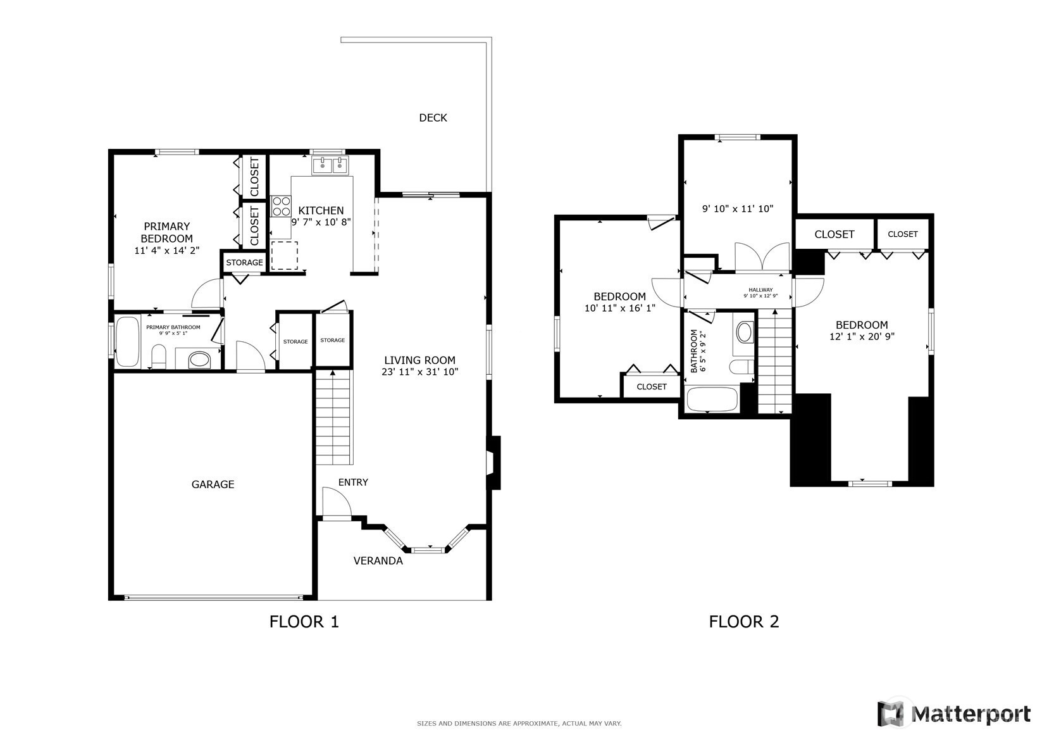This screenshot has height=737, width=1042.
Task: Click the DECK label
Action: tap(433, 118)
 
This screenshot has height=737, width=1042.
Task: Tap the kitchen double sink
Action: tap(330, 165)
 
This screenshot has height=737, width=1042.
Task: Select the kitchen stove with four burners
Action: tap(281, 206)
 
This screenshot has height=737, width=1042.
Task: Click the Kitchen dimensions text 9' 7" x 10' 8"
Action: tap(321, 222)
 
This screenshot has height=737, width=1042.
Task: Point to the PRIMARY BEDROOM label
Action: tap(166, 232)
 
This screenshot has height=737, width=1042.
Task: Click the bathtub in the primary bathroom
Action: tap(127, 341)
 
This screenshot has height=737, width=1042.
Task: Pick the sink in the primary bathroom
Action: tap(199, 360)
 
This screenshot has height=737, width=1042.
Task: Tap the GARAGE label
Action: tap(213, 484)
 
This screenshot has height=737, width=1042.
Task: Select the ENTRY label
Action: tap(353, 482)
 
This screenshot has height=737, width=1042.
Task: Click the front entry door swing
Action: tap(337, 502)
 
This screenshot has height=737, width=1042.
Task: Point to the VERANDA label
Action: tap(378, 560)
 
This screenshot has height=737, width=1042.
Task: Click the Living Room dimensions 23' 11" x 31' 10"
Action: tap(420, 372)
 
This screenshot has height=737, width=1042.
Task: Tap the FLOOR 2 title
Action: tap(743, 622)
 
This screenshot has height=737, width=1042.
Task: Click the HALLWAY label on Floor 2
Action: tap(760, 289)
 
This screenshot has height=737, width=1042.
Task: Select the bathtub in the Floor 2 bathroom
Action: tap(712, 400)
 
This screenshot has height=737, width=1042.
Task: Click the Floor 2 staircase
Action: tap(775, 362)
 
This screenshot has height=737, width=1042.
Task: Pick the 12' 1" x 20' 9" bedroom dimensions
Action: tap(862, 336)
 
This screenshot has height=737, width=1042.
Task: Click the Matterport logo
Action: tap(954, 714)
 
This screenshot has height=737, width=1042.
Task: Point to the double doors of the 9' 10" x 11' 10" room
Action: tap(762, 257)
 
